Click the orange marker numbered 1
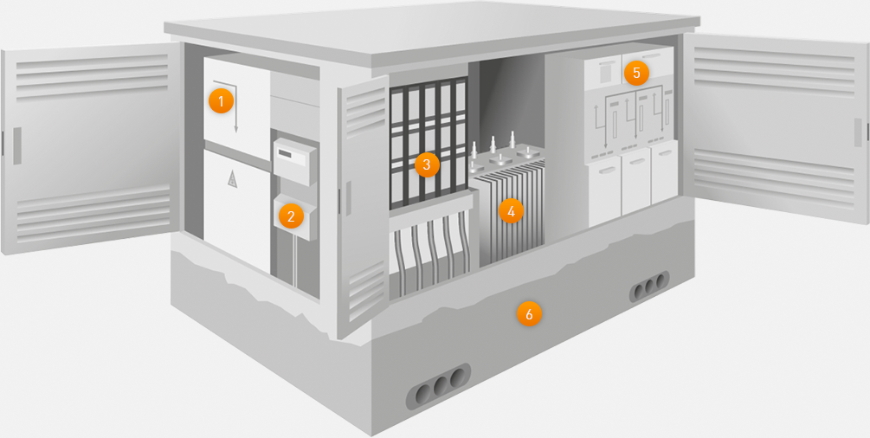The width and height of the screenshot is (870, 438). [221, 101]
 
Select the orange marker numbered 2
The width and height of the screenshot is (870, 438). [291, 216]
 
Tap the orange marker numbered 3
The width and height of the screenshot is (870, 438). [427, 164]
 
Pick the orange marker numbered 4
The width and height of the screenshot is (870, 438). [511, 211]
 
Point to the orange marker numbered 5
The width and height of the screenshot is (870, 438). [636, 73]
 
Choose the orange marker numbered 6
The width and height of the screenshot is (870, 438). [529, 314]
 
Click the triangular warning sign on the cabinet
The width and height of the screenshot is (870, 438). [233, 179]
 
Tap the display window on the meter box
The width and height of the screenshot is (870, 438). [286, 154]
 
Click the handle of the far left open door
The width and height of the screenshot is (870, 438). [17, 146]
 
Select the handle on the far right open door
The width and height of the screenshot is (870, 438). [858, 132]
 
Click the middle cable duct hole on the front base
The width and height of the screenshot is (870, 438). [441, 386]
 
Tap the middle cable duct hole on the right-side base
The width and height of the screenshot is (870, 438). [650, 287]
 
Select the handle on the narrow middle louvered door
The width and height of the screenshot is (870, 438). [349, 198]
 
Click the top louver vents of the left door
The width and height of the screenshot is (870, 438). [92, 77]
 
